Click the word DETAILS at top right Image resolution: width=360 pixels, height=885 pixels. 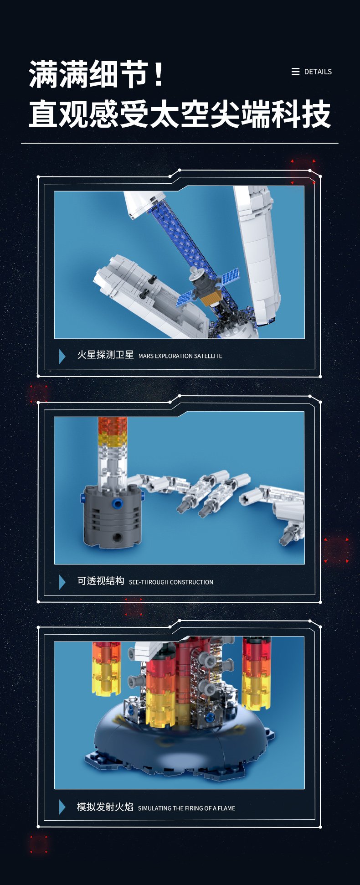[x=318, y=72]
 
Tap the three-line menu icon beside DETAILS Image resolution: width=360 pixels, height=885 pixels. [x=295, y=72]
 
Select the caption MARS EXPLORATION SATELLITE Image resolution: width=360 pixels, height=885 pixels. [x=180, y=356]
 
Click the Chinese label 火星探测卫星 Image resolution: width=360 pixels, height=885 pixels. [x=105, y=355]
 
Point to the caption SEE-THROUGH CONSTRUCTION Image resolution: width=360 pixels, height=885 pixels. [x=171, y=582]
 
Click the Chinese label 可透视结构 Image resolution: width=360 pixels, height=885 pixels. [x=101, y=581]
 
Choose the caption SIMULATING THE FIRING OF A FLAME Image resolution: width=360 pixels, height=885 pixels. [x=186, y=808]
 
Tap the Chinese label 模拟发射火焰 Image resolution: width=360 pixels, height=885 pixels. [x=105, y=807]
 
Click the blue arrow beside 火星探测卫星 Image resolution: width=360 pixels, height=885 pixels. [x=62, y=356]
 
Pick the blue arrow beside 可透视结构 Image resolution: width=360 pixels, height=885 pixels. [x=62, y=582]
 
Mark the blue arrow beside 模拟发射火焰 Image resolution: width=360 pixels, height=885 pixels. [x=62, y=807]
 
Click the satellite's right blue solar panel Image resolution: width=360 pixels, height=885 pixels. [x=230, y=276]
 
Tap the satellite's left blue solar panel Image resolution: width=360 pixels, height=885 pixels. [x=187, y=297]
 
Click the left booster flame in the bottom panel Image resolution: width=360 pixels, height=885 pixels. [x=106, y=668]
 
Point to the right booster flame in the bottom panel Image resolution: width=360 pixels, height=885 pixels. [x=256, y=673]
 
